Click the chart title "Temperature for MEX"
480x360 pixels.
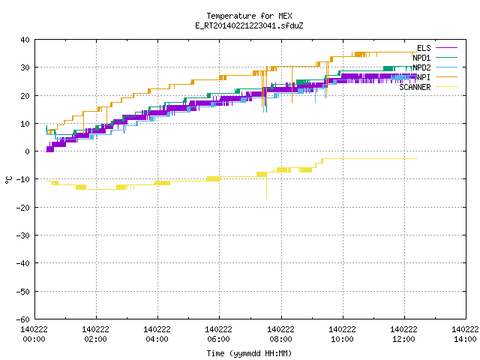point(249,16)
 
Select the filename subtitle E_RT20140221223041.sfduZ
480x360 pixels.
point(249,25)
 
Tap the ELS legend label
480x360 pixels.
point(424,48)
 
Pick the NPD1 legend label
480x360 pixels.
point(421,58)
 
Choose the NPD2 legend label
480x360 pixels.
point(421,67)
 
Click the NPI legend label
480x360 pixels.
point(424,77)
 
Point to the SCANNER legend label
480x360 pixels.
point(415,87)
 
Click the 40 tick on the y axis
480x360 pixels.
point(25,40)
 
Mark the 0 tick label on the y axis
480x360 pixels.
point(28,151)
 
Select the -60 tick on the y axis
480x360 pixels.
point(23,319)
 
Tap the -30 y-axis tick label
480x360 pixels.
point(23,235)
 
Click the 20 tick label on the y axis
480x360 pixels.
point(25,95)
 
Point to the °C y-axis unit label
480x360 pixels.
point(8,180)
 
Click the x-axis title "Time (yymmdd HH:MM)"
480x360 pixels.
point(249,353)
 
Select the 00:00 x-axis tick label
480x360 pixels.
point(34,339)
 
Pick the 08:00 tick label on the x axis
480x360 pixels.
point(280,339)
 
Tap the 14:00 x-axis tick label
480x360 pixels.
point(465,339)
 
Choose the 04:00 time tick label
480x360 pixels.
point(157,339)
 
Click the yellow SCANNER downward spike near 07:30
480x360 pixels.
point(267,187)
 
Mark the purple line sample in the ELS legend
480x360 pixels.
point(446,48)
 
